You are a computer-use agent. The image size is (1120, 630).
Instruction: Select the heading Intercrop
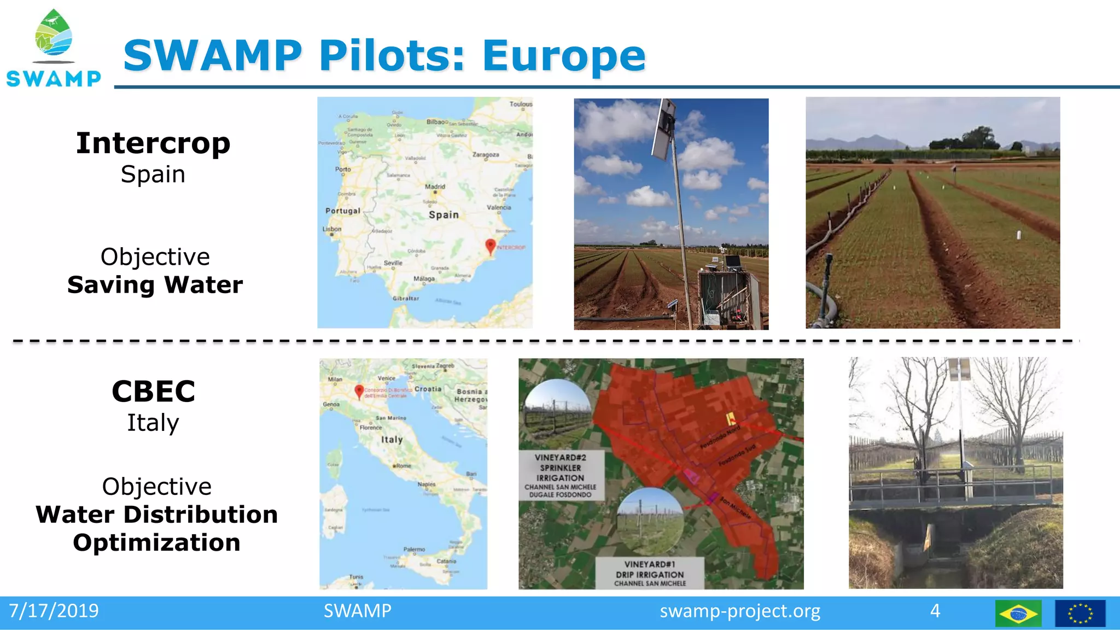click(153, 143)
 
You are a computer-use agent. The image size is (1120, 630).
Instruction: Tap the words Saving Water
click(155, 285)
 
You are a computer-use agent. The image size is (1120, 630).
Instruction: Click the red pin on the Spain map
click(491, 246)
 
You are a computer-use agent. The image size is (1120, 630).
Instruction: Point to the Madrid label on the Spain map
click(435, 186)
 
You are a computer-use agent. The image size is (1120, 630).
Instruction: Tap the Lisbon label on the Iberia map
click(332, 229)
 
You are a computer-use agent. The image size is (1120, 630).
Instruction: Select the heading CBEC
click(153, 391)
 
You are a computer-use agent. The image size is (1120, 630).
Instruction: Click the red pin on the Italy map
click(359, 390)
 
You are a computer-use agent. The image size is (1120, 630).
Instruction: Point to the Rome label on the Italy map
click(403, 466)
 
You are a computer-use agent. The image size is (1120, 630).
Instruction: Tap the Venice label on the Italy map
click(387, 378)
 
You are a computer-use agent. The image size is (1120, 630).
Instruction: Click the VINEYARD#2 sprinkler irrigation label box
click(561, 475)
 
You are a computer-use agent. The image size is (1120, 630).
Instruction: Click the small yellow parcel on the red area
click(730, 419)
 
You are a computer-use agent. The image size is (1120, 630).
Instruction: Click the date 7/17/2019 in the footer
click(54, 611)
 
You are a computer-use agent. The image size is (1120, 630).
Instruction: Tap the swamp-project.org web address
click(739, 611)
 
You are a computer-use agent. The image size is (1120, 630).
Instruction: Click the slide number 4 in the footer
click(935, 611)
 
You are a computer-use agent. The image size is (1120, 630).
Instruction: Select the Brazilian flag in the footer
click(1018, 614)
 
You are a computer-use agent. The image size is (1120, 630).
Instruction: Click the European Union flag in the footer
click(1080, 614)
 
